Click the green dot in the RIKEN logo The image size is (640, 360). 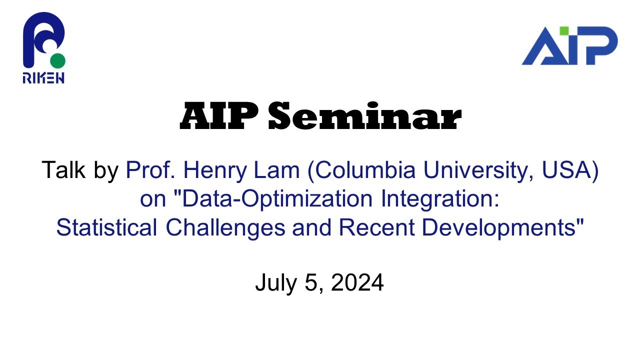pyautogui.click(x=57, y=61)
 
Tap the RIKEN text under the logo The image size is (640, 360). pyautogui.click(x=43, y=77)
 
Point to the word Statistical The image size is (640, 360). pyautogui.click(x=106, y=227)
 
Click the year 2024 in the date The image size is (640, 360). pyautogui.click(x=357, y=283)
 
